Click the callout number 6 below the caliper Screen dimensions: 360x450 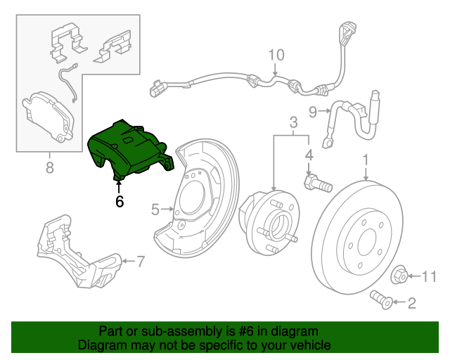tap(119, 201)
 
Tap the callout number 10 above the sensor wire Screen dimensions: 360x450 tap(276, 55)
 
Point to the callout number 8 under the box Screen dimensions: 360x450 tap(49, 167)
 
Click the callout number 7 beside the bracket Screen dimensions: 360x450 tap(141, 262)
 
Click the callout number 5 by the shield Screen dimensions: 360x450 tap(155, 208)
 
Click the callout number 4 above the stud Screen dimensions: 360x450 tap(308, 154)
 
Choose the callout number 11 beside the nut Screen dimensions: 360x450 tap(428, 275)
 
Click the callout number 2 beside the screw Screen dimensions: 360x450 tap(411, 303)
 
